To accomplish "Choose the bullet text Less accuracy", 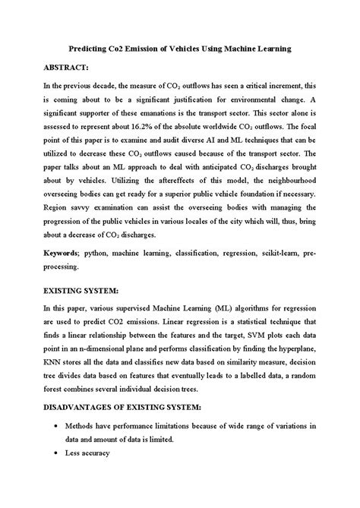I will click(x=88, y=454).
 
